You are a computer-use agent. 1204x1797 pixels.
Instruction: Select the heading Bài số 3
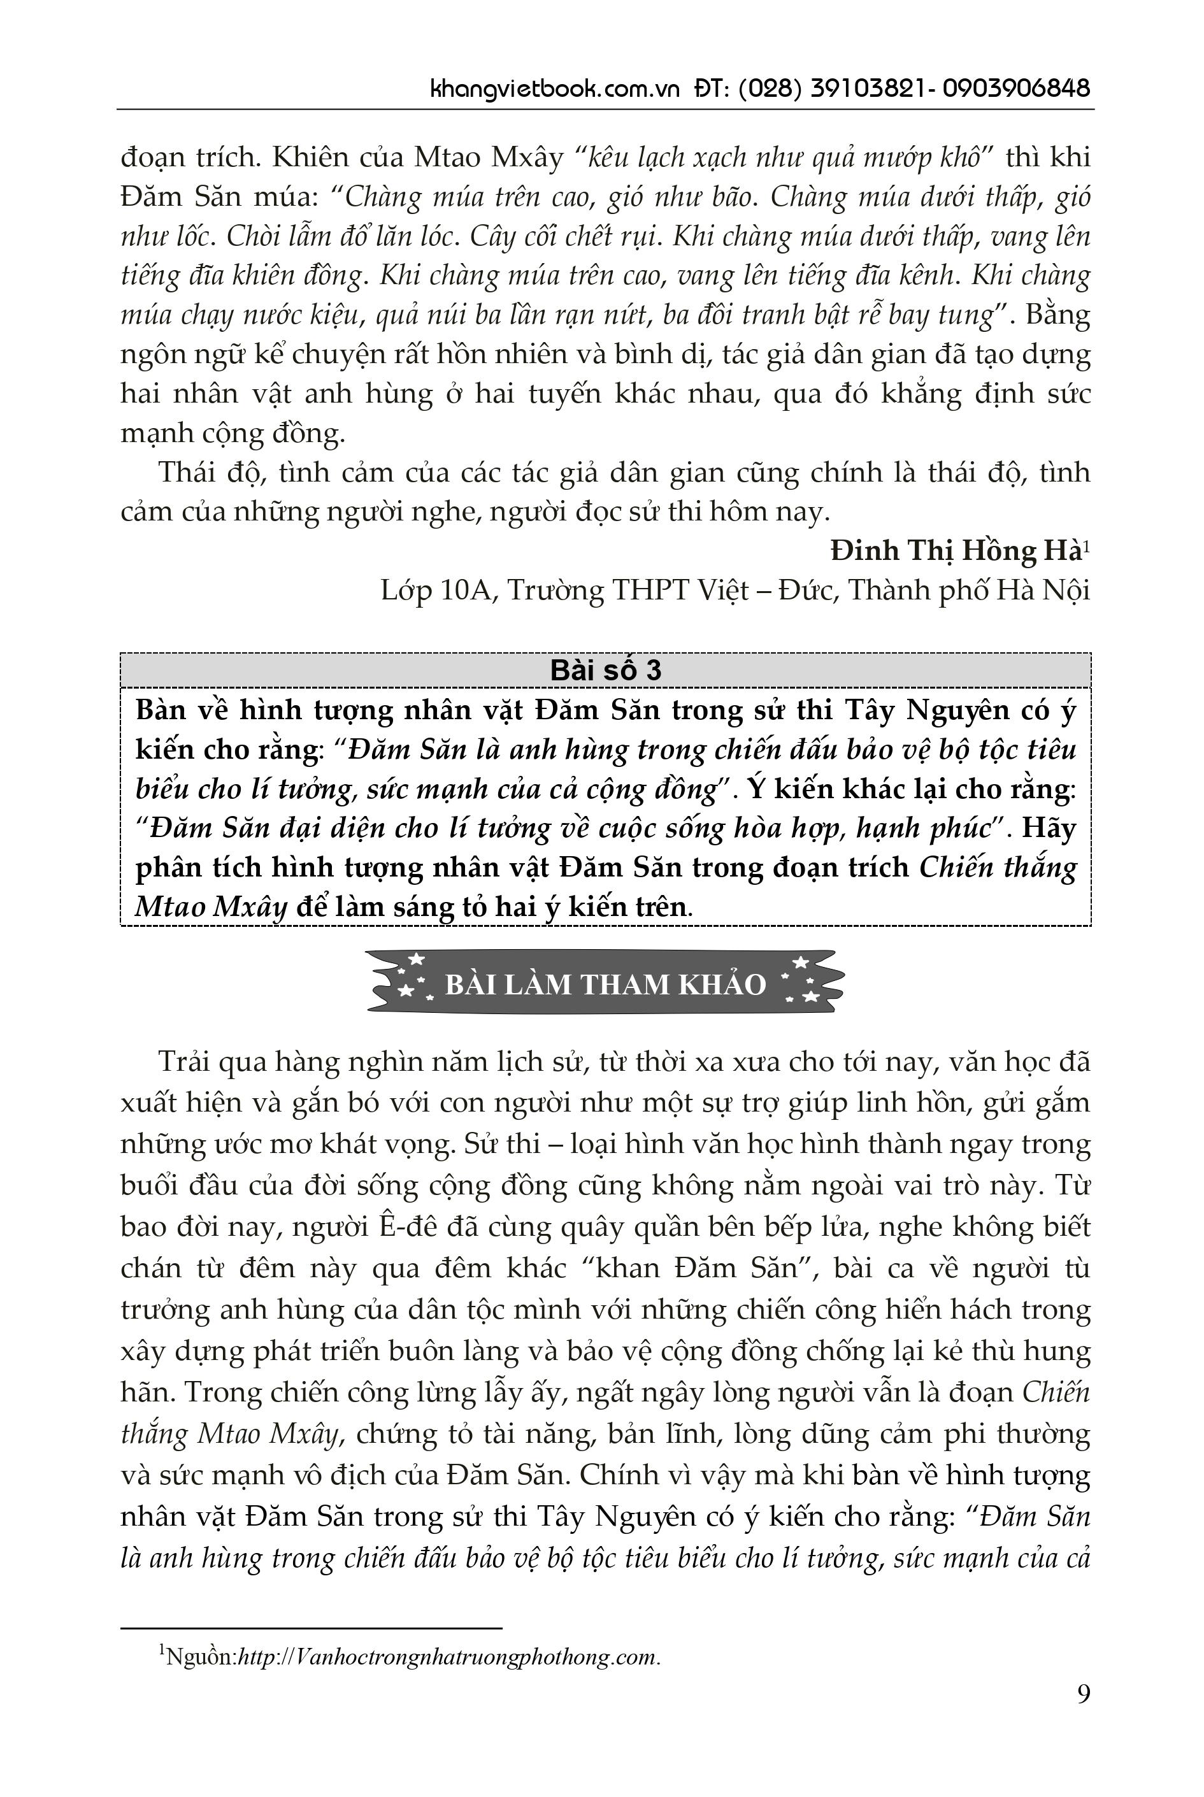pos(605,670)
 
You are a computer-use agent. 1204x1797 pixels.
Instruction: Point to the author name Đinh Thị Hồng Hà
pos(954,550)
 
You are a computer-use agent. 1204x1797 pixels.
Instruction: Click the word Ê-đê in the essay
pos(411,1228)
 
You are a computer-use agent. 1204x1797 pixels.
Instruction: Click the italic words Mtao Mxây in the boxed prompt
pos(211,906)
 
